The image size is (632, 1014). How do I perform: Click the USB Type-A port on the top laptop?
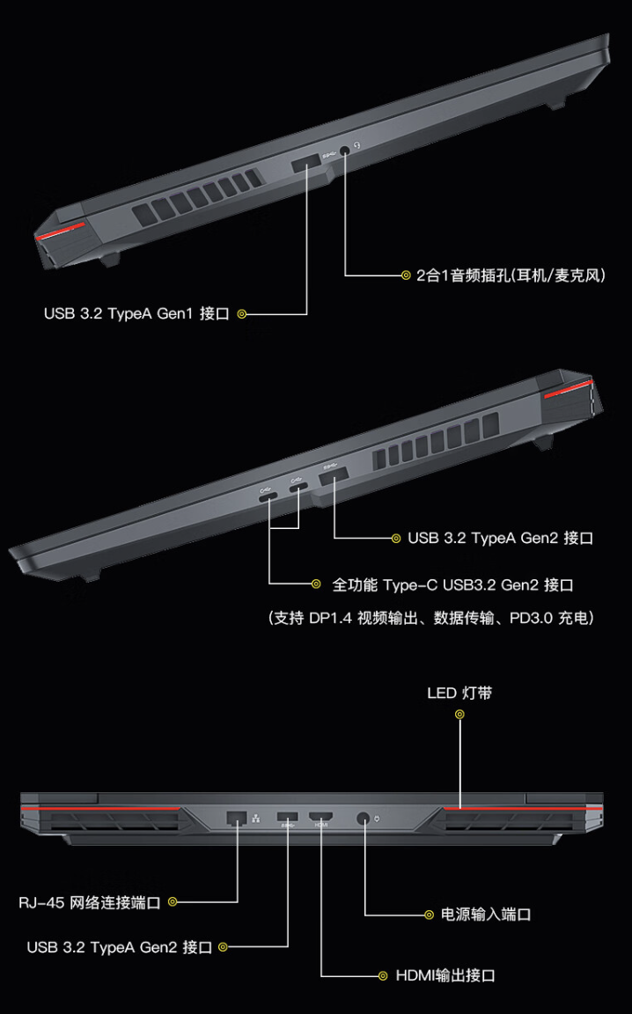pyautogui.click(x=306, y=162)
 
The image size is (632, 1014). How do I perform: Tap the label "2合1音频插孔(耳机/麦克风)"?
pyautogui.click(x=511, y=276)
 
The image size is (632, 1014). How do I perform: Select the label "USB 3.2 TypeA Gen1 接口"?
pyautogui.click(x=136, y=313)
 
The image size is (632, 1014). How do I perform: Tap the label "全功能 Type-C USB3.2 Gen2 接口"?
pyautogui.click(x=453, y=584)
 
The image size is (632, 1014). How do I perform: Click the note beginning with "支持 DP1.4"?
pyautogui.click(x=430, y=618)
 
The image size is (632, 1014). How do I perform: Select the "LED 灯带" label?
pyautogui.click(x=459, y=693)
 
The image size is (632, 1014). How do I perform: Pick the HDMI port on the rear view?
pyautogui.click(x=320, y=818)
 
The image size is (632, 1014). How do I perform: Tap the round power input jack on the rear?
pyautogui.click(x=364, y=819)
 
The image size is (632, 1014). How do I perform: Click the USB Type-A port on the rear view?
pyautogui.click(x=288, y=817)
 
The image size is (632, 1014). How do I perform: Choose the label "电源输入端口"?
pyautogui.click(x=486, y=915)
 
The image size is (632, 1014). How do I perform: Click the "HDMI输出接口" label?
pyautogui.click(x=445, y=975)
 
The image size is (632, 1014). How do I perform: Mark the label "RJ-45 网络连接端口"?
pyautogui.click(x=90, y=901)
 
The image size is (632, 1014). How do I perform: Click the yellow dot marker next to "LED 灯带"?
pyautogui.click(x=459, y=714)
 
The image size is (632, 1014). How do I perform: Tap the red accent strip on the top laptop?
pyautogui.click(x=62, y=233)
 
